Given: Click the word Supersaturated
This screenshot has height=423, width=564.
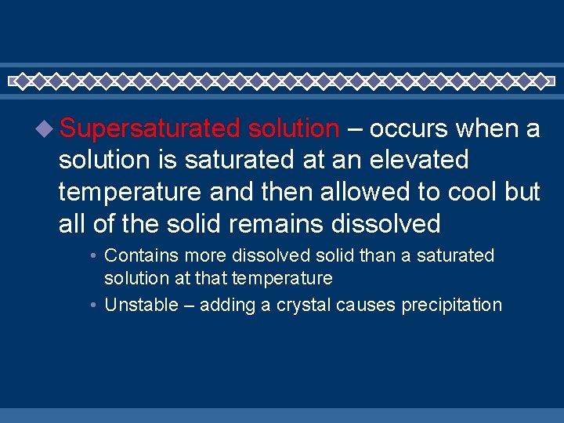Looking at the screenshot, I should (x=149, y=128).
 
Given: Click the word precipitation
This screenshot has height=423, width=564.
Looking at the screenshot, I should (x=451, y=305).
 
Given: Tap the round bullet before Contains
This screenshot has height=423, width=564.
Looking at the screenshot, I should (x=92, y=256).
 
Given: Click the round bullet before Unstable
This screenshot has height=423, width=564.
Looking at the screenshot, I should (x=92, y=305).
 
